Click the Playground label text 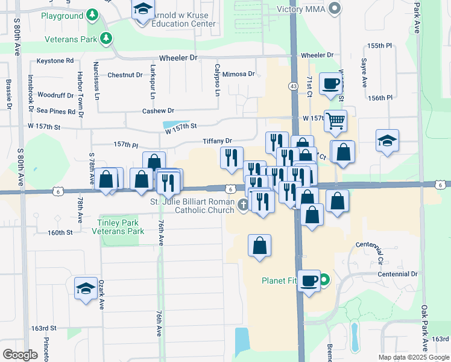tap(63, 16)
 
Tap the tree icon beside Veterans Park tap(106, 39)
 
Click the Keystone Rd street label tap(55, 61)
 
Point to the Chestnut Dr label tap(125, 75)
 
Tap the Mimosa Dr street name tap(239, 74)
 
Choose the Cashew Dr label tap(158, 110)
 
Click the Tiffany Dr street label tap(218, 141)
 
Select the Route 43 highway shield tap(293, 86)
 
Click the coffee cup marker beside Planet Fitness tap(309, 281)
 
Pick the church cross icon tap(244, 205)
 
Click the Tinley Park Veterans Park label tap(121, 226)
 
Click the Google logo tap(20, 354)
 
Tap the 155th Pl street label tap(380, 46)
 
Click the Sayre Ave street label tap(364, 73)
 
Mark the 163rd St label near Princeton tap(44, 328)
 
